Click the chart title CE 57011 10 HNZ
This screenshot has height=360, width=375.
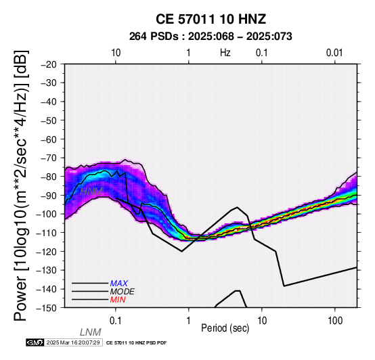[x=211, y=19]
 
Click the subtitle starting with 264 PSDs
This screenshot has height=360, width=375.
[x=211, y=37]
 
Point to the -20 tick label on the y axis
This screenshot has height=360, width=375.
[x=49, y=64]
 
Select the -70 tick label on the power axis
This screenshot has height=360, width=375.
[x=49, y=158]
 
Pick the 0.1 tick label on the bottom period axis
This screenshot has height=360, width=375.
[x=116, y=321]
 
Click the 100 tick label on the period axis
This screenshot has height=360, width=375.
[x=335, y=321]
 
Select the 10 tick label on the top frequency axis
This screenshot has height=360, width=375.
[x=116, y=53]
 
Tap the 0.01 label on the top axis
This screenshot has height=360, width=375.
[x=334, y=53]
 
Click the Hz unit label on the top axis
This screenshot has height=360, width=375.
[x=225, y=53]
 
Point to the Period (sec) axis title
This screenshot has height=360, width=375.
[x=225, y=328]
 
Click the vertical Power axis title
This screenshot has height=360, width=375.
[x=21, y=185]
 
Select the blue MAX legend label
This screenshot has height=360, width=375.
[x=119, y=284]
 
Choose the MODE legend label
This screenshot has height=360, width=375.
[x=123, y=292]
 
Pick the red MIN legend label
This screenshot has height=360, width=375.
[x=118, y=300]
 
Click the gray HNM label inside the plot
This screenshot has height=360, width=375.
[x=91, y=192]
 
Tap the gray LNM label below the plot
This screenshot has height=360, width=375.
[x=91, y=332]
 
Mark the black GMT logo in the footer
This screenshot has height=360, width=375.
[x=35, y=342]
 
